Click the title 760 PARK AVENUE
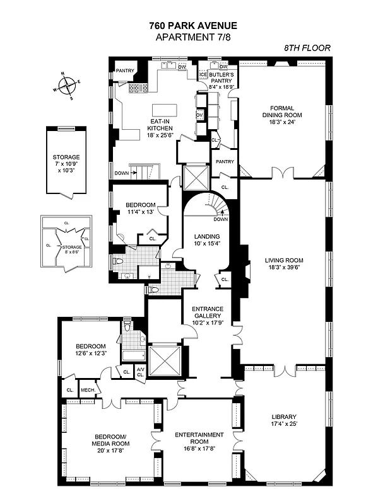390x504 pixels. coord(194,26)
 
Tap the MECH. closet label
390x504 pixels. coord(87,390)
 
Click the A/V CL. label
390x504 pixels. coord(141,372)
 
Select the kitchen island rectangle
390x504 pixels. coord(165,110)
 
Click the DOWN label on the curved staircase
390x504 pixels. coord(221,219)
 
